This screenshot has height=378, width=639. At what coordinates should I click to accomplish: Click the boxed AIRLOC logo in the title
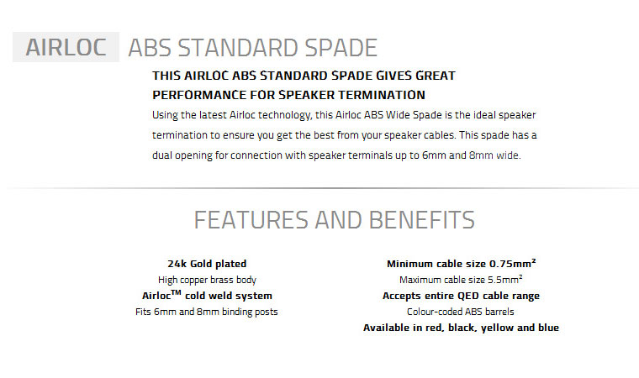66,47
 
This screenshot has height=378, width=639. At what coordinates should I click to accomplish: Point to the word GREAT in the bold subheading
436,76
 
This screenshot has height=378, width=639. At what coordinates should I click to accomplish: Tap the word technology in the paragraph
285,115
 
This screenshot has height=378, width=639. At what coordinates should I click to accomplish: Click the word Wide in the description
398,115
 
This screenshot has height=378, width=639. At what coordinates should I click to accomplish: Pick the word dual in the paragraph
161,155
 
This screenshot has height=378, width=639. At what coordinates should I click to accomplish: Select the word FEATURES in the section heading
251,220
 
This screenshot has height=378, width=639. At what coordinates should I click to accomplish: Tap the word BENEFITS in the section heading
422,220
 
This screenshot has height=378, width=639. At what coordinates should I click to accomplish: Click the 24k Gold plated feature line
207,264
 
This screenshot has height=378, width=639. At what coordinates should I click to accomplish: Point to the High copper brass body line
207,280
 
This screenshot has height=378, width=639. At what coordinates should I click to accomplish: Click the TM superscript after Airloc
176,292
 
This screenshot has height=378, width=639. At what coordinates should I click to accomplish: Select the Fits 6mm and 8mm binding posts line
207,312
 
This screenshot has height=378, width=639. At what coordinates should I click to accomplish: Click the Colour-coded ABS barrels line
461,312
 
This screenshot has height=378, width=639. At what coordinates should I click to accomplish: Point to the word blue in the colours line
548,328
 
